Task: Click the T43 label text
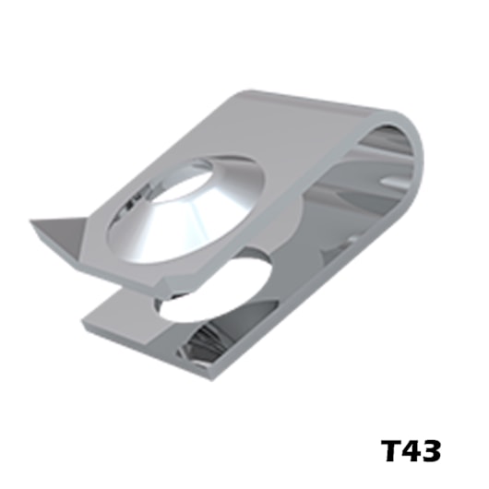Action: (411, 450)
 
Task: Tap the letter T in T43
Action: (391, 450)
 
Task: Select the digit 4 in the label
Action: (411, 450)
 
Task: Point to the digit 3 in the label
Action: (431, 450)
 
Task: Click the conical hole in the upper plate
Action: (186, 209)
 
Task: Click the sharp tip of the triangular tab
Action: (30, 221)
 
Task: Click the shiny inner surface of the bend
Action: (387, 174)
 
